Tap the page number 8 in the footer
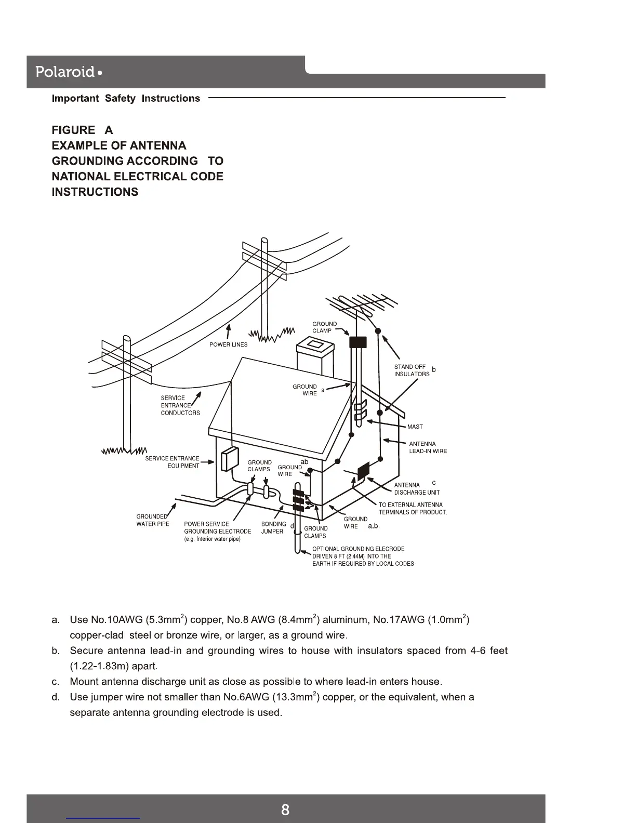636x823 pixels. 285,809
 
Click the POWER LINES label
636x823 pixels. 228,344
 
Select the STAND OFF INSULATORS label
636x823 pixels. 412,370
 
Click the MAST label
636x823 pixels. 415,427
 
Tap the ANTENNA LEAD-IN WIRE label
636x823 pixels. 428,447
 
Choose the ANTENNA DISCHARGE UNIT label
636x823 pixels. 416,489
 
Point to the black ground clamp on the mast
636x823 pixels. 357,342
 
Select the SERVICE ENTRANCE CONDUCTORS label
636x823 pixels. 180,405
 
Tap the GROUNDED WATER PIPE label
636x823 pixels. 152,520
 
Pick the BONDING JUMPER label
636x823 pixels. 273,527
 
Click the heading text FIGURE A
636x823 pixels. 82,130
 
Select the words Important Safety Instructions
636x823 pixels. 126,99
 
